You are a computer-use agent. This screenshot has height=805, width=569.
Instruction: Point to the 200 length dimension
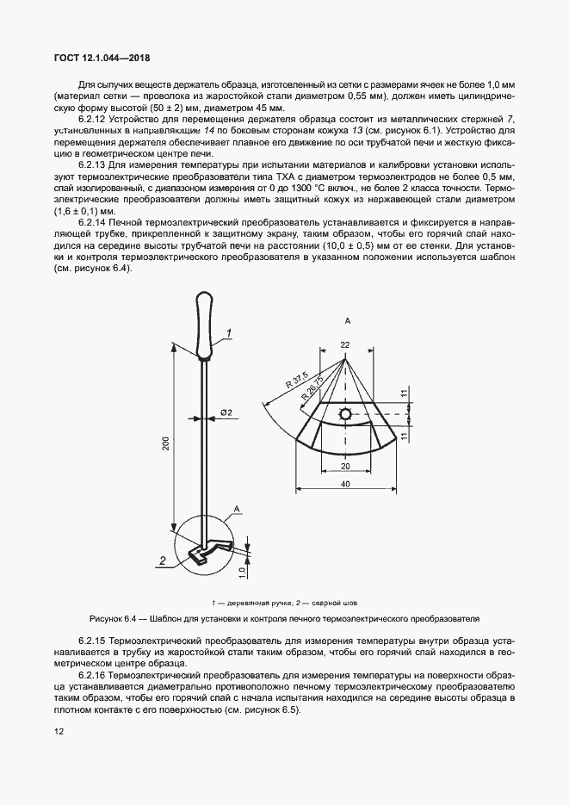coord(166,443)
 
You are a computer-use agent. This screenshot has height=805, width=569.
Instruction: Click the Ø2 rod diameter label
coord(226,413)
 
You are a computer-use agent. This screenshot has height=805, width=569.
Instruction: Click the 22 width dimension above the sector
coord(345,344)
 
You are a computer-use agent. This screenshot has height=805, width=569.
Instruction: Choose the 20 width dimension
coord(344,465)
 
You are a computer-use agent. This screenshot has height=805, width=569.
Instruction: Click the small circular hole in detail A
coord(345,415)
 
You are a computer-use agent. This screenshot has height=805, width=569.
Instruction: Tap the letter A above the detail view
coord(346,320)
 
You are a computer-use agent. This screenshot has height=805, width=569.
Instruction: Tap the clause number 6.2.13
coord(95,164)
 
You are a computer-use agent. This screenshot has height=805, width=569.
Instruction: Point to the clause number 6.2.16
coord(95,674)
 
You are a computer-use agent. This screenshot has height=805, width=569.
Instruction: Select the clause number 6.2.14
coord(95,222)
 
